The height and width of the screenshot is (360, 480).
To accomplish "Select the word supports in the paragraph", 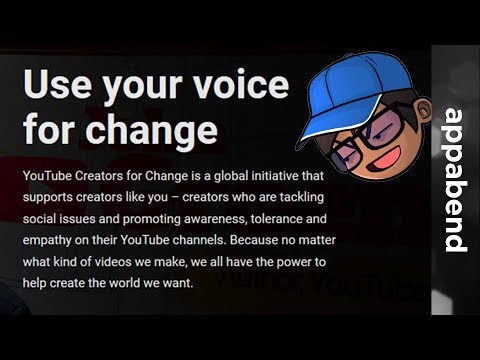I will click(50, 197).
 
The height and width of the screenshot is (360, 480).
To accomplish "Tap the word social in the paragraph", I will click(41, 219).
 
